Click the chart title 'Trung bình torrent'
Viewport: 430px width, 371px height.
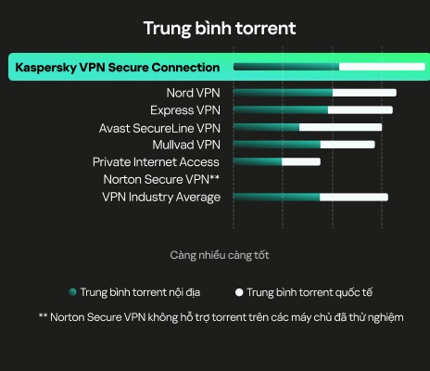pos(220,29)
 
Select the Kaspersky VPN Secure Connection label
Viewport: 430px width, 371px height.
pos(118,68)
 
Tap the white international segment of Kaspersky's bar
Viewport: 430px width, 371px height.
pos(382,67)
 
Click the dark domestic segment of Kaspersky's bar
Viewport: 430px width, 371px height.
pos(286,67)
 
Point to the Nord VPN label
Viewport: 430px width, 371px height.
pos(193,93)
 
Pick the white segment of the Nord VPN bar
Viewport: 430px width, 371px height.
pos(364,93)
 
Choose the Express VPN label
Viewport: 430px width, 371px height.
pos(185,110)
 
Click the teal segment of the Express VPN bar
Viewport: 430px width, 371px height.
pos(281,110)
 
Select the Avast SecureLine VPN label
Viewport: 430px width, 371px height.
pos(159,128)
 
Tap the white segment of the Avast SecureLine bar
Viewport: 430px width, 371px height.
pos(340,127)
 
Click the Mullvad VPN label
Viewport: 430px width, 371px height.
pos(186,145)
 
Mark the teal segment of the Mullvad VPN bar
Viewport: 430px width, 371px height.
pos(277,145)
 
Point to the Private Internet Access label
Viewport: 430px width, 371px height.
pos(156,162)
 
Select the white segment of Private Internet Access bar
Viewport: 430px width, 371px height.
pos(301,161)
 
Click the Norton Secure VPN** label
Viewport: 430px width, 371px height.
pos(161,179)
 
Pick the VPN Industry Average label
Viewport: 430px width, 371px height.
pos(161,198)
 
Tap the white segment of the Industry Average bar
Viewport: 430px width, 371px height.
pos(354,198)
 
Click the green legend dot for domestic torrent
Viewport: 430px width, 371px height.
pos(72,292)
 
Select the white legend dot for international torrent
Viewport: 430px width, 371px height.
pos(239,292)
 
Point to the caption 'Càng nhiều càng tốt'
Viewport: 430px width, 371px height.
pos(220,255)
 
